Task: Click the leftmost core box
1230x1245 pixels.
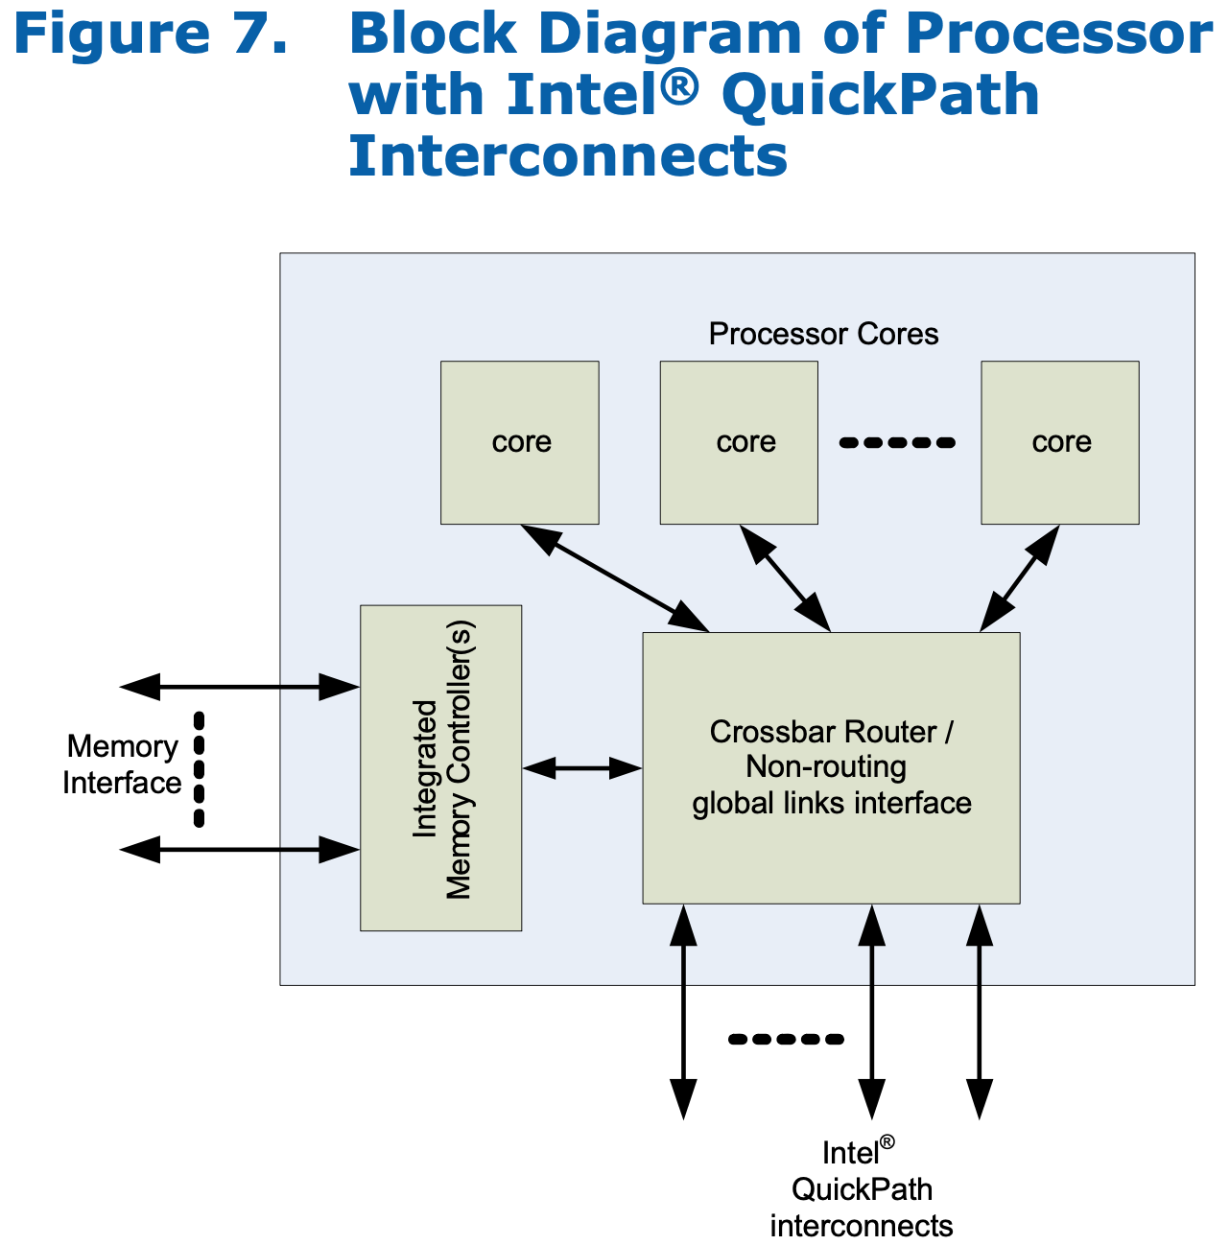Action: [x=519, y=442]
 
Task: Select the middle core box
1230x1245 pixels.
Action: [x=739, y=442]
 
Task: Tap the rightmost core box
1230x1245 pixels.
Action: [x=1059, y=442]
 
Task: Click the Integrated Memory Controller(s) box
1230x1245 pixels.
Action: [x=440, y=767]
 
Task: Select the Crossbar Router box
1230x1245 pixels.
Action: [x=831, y=767]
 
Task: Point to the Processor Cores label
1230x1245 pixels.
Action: [x=823, y=334]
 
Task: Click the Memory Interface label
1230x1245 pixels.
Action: [x=122, y=764]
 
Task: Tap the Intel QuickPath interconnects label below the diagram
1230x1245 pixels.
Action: [x=861, y=1189]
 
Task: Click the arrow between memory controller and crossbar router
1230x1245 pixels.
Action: [x=582, y=767]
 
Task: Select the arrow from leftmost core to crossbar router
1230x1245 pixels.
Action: [x=614, y=578]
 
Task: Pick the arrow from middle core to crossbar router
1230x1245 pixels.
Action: [x=785, y=577]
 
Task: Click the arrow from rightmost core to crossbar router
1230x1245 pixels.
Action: [x=1019, y=577]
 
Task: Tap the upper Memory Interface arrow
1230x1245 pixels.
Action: [x=240, y=687]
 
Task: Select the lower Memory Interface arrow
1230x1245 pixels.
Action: [x=240, y=849]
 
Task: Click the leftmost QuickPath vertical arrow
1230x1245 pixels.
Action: [x=683, y=1012]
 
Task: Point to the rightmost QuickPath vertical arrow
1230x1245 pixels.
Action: [x=979, y=1012]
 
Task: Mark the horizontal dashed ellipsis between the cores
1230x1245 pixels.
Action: [x=897, y=443]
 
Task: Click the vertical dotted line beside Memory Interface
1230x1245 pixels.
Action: [x=199, y=768]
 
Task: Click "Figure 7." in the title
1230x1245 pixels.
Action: [x=151, y=35]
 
